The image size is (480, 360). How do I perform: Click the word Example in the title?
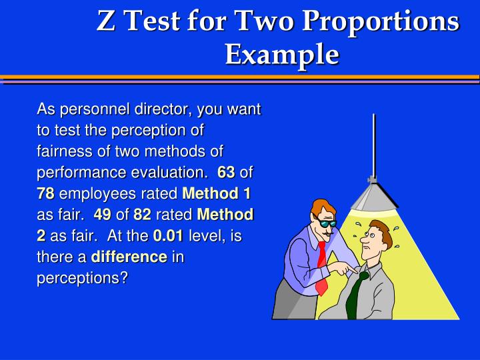281,53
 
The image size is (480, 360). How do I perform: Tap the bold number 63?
225,173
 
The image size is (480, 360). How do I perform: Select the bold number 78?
45,194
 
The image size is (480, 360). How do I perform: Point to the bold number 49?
102,215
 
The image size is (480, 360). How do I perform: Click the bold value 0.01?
169,236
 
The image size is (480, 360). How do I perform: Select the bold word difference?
129,257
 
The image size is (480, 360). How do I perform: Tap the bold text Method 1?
216,194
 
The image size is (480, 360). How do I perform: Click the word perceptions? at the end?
82,279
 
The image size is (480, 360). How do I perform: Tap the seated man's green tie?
355,293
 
